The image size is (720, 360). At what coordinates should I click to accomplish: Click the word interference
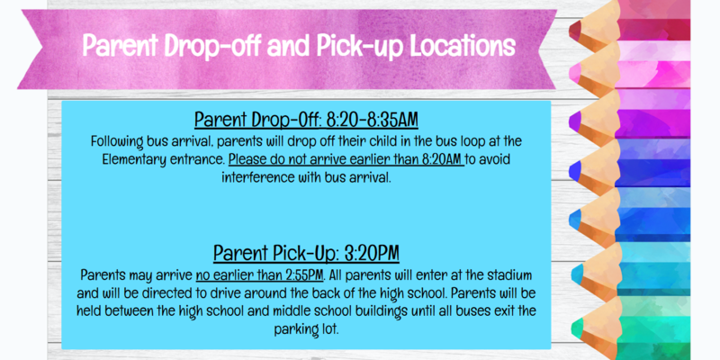pyautogui.click(x=258, y=176)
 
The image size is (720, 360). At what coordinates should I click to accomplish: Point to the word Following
pyautogui.click(x=120, y=141)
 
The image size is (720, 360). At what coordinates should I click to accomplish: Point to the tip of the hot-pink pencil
pyautogui.click(x=577, y=70)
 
